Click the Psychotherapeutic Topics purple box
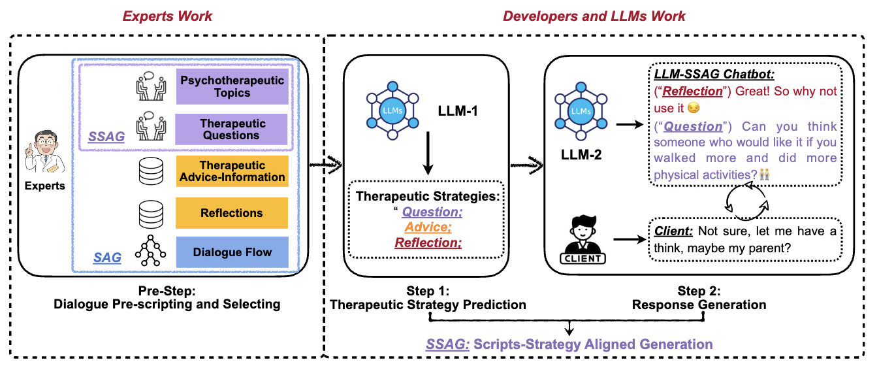tap(232, 87)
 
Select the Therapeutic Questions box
tap(232, 129)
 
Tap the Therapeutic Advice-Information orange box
tap(232, 171)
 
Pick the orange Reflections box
tap(232, 213)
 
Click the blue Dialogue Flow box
tap(232, 253)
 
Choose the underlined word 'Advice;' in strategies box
tap(428, 227)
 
